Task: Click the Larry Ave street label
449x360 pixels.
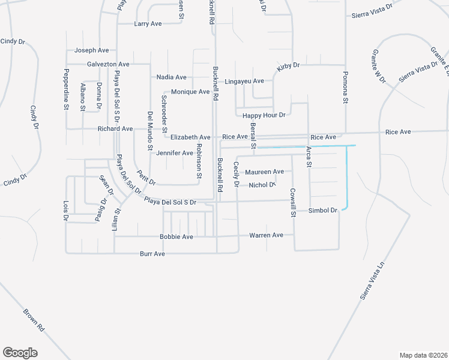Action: [148, 24]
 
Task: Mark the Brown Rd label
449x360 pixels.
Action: [34, 320]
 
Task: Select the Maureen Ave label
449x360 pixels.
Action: [264, 172]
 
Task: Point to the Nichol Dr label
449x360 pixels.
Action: [262, 185]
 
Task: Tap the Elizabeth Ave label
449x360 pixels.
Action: [190, 137]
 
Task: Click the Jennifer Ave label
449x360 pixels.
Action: [174, 153]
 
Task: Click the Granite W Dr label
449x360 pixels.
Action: [379, 66]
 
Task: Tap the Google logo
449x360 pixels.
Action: [20, 353]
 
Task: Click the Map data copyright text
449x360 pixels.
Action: [423, 355]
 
